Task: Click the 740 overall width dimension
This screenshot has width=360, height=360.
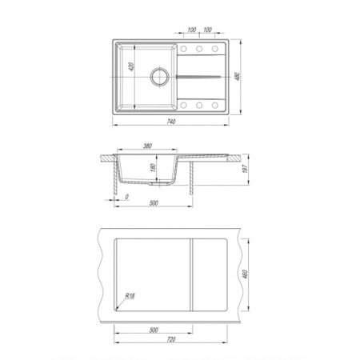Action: coord(171,122)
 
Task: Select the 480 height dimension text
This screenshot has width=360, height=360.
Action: coord(238,77)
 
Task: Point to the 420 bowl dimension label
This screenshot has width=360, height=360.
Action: coord(131,66)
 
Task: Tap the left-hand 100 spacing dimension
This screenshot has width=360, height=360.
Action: coord(192,30)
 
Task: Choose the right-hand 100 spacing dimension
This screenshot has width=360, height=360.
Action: coord(207,30)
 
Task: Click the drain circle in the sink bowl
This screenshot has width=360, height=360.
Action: coord(159,77)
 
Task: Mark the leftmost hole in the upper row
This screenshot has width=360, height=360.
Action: coord(183,49)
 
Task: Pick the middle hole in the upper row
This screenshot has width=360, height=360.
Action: coord(199,49)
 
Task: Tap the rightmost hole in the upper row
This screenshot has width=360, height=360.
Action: coord(215,49)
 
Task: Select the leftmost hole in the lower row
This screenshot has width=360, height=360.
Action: coord(183,105)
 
